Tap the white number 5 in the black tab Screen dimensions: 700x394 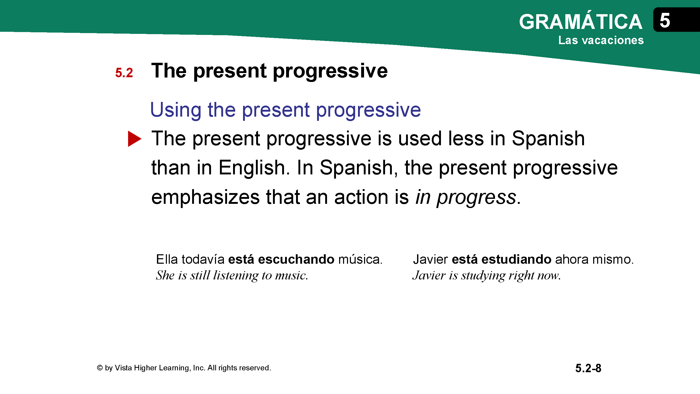pyautogui.click(x=665, y=20)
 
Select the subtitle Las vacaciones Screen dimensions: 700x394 pyautogui.click(x=601, y=40)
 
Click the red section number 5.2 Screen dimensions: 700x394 pyautogui.click(x=124, y=72)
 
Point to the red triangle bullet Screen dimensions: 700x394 pyautogui.click(x=134, y=139)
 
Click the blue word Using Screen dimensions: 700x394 pyautogui.click(x=176, y=110)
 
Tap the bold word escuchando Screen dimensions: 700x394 pyautogui.click(x=296, y=259)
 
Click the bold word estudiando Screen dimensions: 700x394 pyautogui.click(x=516, y=259)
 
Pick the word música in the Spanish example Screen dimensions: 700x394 pyautogui.click(x=360, y=259)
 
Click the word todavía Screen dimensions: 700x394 pyautogui.click(x=203, y=259)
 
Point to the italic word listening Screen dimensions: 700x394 pyautogui.click(x=236, y=276)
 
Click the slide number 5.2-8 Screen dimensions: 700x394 pyautogui.click(x=588, y=369)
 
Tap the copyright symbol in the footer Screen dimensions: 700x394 pyautogui.click(x=100, y=368)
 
